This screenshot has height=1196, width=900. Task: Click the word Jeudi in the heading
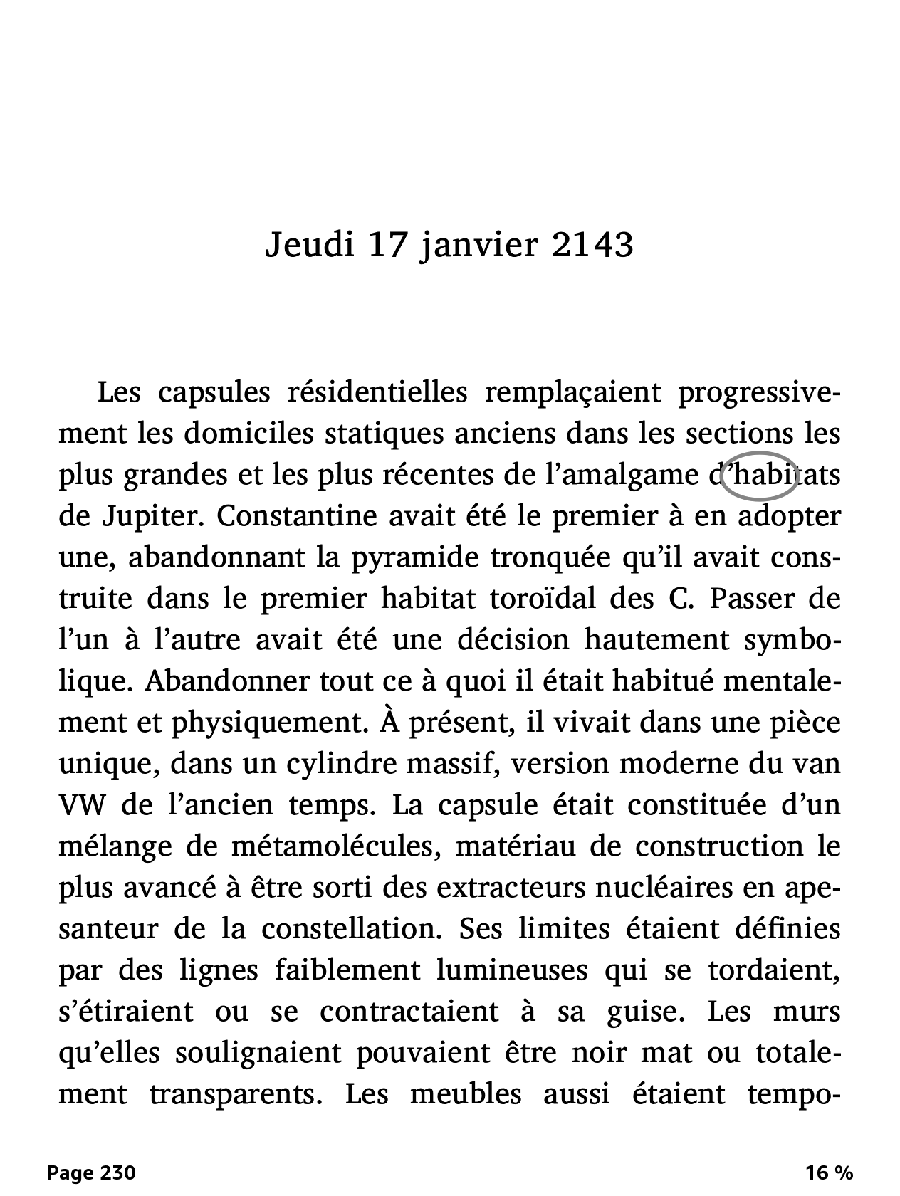click(310, 246)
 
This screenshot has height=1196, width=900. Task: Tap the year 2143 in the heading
click(592, 246)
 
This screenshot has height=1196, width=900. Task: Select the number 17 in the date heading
click(389, 246)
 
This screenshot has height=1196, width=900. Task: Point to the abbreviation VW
click(83, 805)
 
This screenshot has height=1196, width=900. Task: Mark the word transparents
click(233, 1094)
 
